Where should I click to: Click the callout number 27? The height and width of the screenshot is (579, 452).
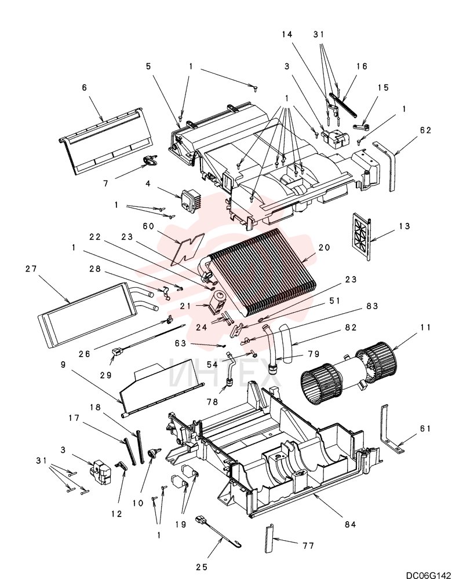pos(31,269)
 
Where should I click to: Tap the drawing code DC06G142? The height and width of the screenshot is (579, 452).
pos(429,575)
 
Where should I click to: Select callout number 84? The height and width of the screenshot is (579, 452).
pos(350,524)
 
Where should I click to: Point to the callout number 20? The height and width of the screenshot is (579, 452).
pos(324,247)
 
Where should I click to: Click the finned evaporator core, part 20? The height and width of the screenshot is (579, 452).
pos(261,274)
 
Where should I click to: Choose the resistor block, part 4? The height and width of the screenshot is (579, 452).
pos(191,199)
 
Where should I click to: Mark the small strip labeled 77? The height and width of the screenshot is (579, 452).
pos(269,538)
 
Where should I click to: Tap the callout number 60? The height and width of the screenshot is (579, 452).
pos(148,226)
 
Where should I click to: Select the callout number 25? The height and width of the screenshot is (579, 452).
pos(202,567)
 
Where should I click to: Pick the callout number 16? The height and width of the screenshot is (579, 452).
pos(362,66)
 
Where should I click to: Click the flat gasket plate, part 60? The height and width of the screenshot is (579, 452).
pos(188,250)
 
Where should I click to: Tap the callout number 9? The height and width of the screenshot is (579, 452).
pos(63,364)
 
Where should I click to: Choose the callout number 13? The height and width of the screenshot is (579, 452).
pos(405,226)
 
